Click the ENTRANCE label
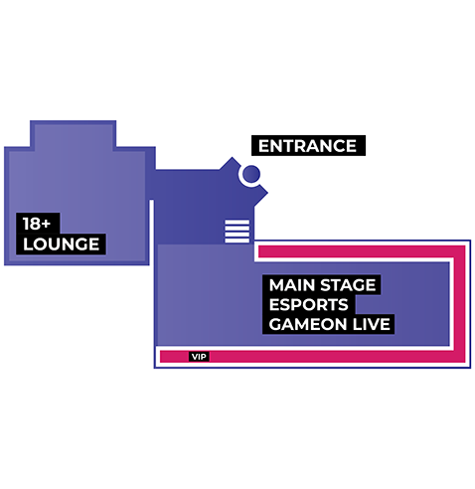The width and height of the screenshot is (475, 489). click(308, 146)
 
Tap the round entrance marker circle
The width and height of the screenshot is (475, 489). click(251, 174)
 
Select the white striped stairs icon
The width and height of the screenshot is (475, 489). click(237, 231)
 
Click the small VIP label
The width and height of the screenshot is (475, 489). click(199, 357)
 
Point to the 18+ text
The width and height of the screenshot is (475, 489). click(37, 224)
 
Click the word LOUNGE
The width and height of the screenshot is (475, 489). click(62, 244)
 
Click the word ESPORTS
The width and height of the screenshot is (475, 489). click(308, 305)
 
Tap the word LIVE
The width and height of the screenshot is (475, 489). click(371, 324)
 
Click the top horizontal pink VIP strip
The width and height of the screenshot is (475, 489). click(357, 251)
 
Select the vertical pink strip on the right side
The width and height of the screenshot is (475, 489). click(460, 304)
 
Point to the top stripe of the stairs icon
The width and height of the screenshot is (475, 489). click(237, 222)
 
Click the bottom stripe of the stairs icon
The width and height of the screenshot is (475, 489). click(237, 241)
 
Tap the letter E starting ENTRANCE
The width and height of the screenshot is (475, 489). click(264, 146)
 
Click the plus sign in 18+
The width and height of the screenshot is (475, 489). click(47, 224)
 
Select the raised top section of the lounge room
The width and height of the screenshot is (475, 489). click(74, 135)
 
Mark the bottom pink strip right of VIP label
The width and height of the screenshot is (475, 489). click(331, 357)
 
